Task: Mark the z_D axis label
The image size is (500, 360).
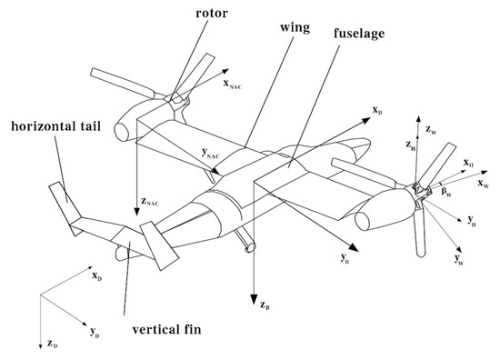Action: [x=53, y=345]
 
